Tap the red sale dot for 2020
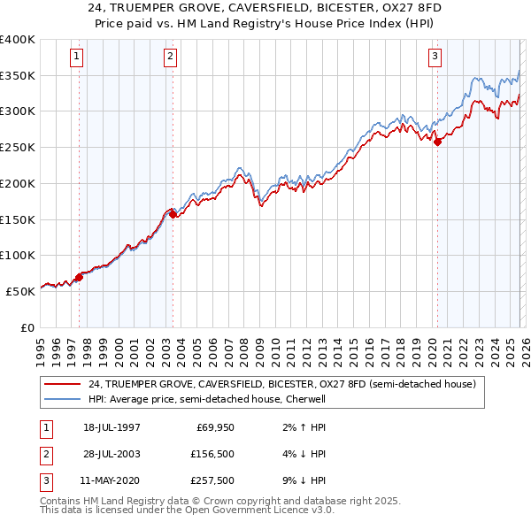437,141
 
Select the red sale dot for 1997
80,277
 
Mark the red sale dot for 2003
173,213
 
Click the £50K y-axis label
20,291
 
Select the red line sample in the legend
62,384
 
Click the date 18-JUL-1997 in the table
111,427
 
